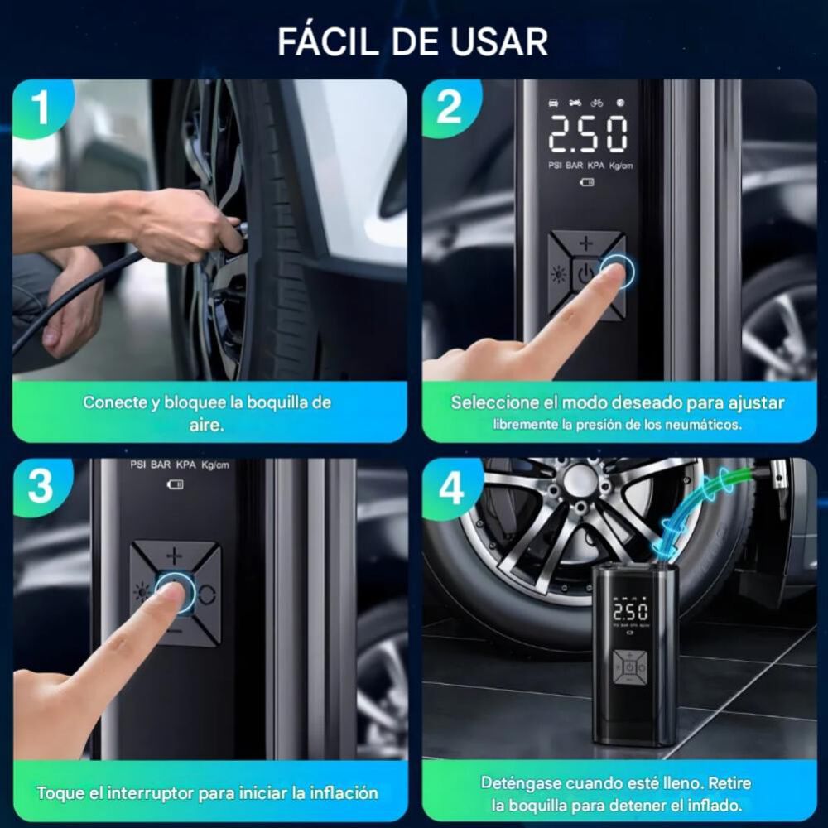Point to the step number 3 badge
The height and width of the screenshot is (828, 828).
tap(41, 486)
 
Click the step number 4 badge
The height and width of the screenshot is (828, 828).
tap(450, 488)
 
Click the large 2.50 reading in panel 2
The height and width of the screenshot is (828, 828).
tap(588, 134)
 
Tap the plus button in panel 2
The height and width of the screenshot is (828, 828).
tap(586, 243)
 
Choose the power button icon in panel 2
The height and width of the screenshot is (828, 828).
tap(585, 274)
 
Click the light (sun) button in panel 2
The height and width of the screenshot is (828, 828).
tap(559, 275)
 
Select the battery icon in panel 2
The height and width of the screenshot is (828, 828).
tap(587, 182)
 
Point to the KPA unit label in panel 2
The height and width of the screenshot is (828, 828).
tap(595, 166)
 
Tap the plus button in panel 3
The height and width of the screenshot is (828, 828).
tap(174, 556)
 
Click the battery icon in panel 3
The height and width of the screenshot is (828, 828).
tap(176, 484)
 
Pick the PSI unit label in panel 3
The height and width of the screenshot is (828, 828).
tap(137, 465)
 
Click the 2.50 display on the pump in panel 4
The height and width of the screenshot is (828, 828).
tap(630, 612)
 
